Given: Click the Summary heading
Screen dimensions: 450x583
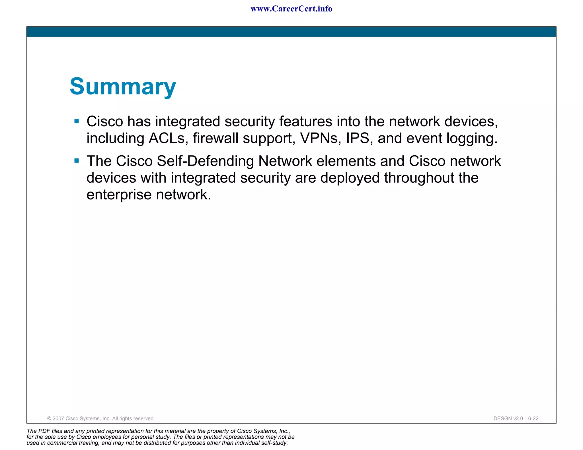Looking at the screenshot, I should click(x=123, y=86).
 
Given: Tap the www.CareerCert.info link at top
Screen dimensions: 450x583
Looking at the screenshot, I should click(x=291, y=9).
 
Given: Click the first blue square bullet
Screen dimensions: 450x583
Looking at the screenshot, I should click(x=77, y=121).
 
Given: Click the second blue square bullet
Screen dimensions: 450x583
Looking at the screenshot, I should click(x=77, y=161).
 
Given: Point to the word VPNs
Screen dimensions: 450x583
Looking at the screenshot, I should click(x=321, y=138).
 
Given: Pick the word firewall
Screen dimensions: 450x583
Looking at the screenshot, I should click(x=215, y=138).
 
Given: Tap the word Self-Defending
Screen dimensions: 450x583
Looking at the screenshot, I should click(x=205, y=161).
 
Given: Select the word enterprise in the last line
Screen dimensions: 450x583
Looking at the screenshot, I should click(x=119, y=195).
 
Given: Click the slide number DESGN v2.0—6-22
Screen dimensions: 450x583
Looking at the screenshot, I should click(x=516, y=418).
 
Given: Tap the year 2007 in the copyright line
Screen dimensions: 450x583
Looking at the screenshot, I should click(x=58, y=418).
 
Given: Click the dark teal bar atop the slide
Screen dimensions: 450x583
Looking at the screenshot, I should click(x=291, y=32).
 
